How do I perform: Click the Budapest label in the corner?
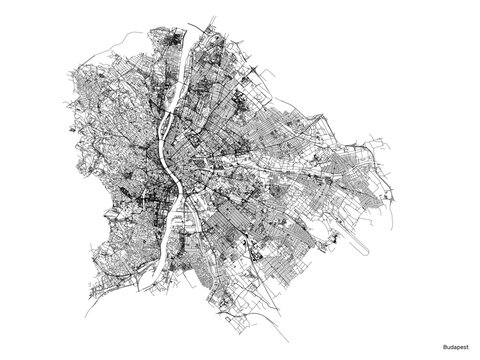(x=454, y=347)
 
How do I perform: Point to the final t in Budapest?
(x=468, y=347)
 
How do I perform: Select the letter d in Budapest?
(x=449, y=347)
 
